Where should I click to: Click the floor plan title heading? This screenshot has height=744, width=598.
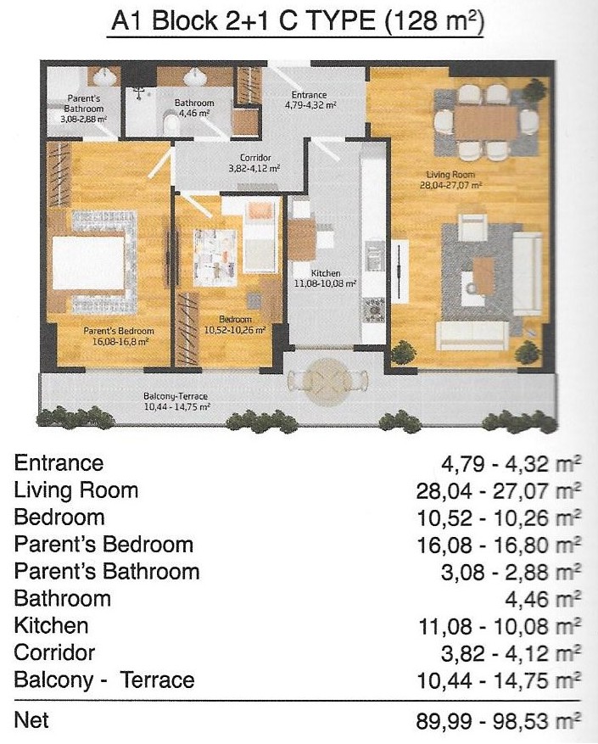coord(297,22)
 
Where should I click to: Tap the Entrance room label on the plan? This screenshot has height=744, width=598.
coord(309,95)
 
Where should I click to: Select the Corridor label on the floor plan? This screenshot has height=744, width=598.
coord(255,158)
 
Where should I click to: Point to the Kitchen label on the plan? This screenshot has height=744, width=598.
coord(326,273)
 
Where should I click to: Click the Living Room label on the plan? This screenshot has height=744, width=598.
coord(450,175)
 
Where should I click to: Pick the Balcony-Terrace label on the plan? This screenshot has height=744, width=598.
coord(176,396)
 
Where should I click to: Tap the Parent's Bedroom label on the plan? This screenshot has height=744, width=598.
coord(119,331)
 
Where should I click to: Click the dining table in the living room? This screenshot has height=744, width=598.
coord(486,122)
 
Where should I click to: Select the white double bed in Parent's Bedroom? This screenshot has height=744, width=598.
coord(89,262)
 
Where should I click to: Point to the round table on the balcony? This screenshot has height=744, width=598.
coord(327,381)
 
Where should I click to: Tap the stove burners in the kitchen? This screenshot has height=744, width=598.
coord(373,310)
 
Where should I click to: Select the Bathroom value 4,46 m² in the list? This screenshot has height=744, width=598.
coord(543,599)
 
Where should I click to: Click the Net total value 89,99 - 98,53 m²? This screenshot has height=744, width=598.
coord(499,722)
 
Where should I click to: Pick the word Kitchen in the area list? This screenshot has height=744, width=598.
coord(51,625)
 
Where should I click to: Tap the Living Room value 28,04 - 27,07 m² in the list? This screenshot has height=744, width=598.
coord(499,491)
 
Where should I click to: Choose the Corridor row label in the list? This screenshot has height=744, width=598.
coord(54,652)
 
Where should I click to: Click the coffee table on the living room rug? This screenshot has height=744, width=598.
coord(483,275)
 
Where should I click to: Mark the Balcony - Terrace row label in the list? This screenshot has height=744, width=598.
coord(104,680)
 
